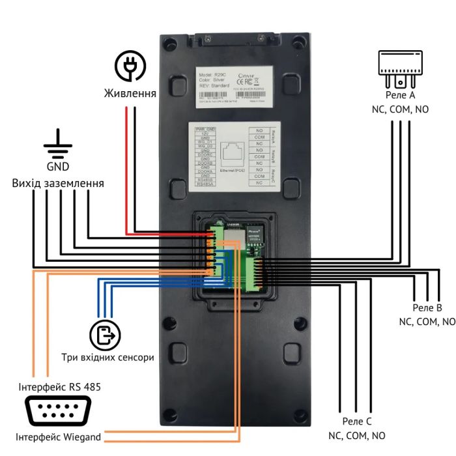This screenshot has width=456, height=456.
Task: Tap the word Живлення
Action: point(130,94)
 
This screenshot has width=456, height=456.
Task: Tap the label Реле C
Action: point(356,421)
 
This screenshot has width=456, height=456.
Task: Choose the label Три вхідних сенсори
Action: point(107,358)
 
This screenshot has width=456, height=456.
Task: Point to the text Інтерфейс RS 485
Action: point(59,388)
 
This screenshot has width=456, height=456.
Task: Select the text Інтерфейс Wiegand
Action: point(59,437)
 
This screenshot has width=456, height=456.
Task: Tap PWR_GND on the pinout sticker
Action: point(205,130)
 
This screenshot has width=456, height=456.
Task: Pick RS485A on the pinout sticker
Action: point(205,184)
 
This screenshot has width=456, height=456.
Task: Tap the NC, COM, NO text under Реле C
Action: point(356,436)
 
